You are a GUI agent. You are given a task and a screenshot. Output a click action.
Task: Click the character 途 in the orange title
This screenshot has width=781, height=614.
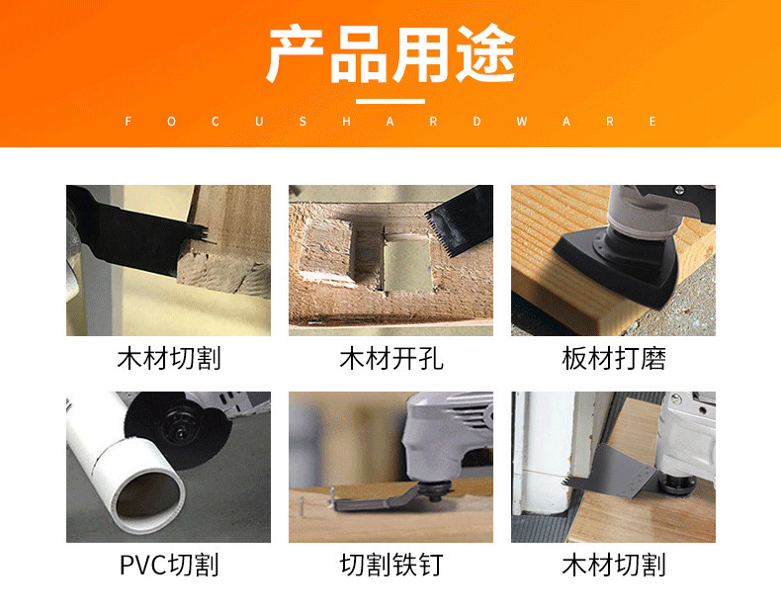[486, 53]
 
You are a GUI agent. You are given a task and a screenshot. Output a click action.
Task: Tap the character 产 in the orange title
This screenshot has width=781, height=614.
[295, 53]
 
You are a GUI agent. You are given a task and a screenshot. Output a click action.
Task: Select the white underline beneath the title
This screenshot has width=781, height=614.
[390, 101]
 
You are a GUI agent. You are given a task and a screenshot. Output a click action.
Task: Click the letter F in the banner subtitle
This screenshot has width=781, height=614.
[128, 122]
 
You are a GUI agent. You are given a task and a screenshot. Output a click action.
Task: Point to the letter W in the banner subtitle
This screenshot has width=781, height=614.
[522, 122]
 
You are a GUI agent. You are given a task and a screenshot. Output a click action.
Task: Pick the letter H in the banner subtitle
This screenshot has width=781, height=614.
[347, 122]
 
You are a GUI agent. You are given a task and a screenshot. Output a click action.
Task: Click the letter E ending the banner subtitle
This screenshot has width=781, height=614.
[652, 122]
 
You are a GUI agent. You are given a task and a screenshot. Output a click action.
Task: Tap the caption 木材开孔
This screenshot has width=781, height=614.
[391, 359]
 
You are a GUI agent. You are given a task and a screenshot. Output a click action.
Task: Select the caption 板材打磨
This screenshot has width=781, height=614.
[614, 359]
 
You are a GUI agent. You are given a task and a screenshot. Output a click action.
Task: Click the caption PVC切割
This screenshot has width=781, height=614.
[169, 565]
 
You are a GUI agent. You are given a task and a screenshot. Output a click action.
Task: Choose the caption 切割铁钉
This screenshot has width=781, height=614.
[391, 565]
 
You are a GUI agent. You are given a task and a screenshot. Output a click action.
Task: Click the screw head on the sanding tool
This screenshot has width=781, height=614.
[679, 190]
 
